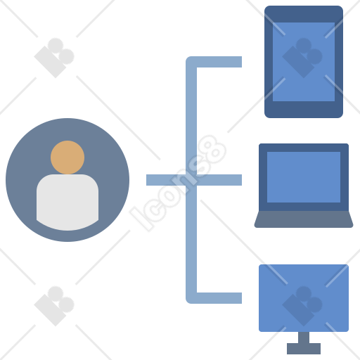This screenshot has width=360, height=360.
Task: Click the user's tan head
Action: (x=67, y=157)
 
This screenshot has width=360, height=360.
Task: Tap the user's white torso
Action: (x=67, y=202)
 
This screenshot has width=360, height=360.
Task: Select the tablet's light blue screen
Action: (x=304, y=62)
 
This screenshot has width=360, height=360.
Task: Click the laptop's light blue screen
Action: (x=304, y=177)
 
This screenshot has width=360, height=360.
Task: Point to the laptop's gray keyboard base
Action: (x=304, y=219)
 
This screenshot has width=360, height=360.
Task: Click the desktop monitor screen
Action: (x=304, y=298)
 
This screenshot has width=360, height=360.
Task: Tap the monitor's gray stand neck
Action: (x=304, y=337)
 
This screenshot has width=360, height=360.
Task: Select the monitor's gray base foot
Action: (x=304, y=349)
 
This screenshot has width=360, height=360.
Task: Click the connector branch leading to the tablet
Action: (x=219, y=62)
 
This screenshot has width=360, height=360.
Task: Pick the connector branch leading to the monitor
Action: (x=219, y=298)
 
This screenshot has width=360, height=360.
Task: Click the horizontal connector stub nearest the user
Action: (x=166, y=180)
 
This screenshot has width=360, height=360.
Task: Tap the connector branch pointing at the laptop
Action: (x=219, y=180)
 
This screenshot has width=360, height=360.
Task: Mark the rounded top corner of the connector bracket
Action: (x=189, y=60)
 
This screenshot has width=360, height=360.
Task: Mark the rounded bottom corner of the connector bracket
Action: (x=189, y=300)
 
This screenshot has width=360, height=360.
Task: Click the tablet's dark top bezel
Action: (x=304, y=14)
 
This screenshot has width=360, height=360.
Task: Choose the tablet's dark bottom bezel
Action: (x=304, y=110)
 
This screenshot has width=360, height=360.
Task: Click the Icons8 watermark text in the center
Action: (x=178, y=183)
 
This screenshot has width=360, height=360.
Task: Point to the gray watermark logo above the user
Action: (x=54, y=58)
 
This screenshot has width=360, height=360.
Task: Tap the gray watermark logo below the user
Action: (x=54, y=306)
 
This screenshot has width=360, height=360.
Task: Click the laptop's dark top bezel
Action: (x=304, y=148)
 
